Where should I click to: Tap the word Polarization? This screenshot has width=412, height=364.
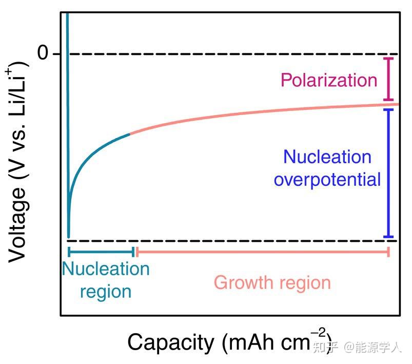[328, 80]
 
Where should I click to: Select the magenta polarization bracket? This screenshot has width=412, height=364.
[389, 79]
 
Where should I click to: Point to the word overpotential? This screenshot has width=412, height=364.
[327, 180]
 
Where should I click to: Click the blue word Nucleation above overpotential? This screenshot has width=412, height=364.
[327, 157]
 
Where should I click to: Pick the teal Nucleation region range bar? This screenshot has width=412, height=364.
[101, 252]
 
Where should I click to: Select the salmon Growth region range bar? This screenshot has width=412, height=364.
[262, 252]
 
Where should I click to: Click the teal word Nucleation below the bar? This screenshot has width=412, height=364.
[106, 269]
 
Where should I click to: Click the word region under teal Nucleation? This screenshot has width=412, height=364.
[106, 292]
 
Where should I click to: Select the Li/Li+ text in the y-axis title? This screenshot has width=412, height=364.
[17, 90]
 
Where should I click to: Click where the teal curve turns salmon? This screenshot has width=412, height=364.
[130, 134]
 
